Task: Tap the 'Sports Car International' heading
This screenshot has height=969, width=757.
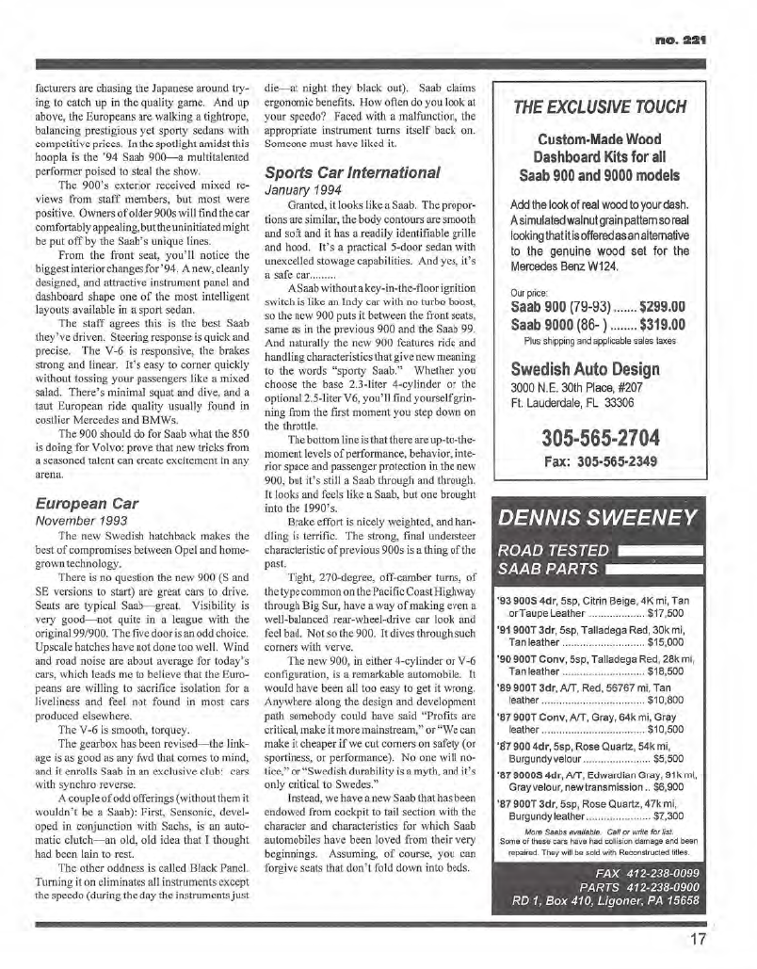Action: point(352,172)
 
